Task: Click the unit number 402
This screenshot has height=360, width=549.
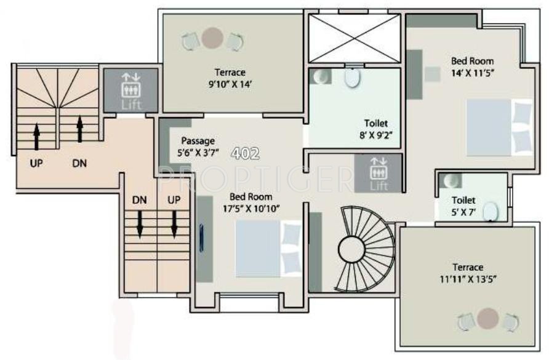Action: pos(246,153)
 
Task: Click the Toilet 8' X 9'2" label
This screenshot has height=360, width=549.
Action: pos(376,129)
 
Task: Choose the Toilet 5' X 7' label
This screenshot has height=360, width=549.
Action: pos(463,206)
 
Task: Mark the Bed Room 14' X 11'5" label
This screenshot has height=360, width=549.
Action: pos(473,66)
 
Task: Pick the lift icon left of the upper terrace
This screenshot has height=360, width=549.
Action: pos(130,90)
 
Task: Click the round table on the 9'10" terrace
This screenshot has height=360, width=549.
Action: pos(212,39)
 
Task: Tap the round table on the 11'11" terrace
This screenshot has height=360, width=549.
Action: pos(487,318)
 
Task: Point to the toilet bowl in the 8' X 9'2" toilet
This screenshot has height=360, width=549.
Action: pos(351,78)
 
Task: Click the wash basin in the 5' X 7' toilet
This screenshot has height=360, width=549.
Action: pos(452,180)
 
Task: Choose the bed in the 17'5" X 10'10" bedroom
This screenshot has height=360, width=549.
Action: pos(268,247)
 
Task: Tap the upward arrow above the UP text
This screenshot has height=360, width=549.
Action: pos(36,136)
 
